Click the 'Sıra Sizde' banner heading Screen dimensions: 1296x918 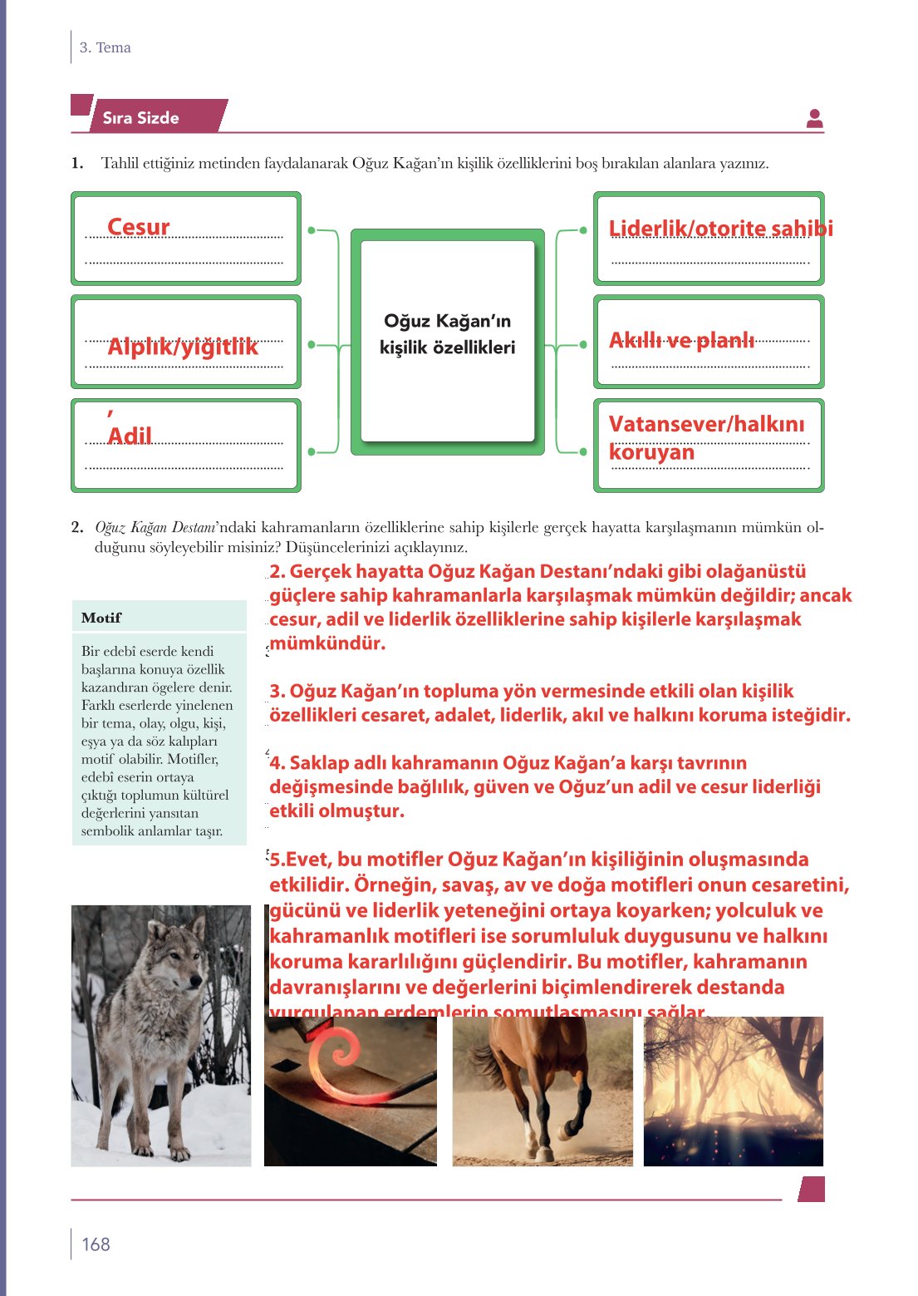click(141, 118)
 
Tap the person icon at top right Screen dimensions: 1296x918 click(814, 119)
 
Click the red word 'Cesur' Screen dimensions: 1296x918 click(138, 227)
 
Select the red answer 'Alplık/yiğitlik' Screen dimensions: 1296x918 click(183, 347)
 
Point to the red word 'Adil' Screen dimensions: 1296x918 click(130, 436)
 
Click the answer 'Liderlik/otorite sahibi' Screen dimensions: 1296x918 click(719, 229)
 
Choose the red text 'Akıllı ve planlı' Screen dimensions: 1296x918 click(681, 340)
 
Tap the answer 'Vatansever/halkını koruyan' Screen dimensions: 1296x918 click(706, 438)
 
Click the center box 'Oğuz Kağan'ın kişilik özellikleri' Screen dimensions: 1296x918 click(447, 334)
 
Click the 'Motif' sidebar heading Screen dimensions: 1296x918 click(101, 618)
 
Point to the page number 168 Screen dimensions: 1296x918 click(96, 1244)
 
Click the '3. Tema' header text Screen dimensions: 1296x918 click(106, 47)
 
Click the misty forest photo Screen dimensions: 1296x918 click(733, 1091)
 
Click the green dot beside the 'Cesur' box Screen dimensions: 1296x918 click(312, 229)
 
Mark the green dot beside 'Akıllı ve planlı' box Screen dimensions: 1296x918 click(583, 344)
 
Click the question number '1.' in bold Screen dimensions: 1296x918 click(77, 163)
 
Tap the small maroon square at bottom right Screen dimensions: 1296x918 click(812, 1189)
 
